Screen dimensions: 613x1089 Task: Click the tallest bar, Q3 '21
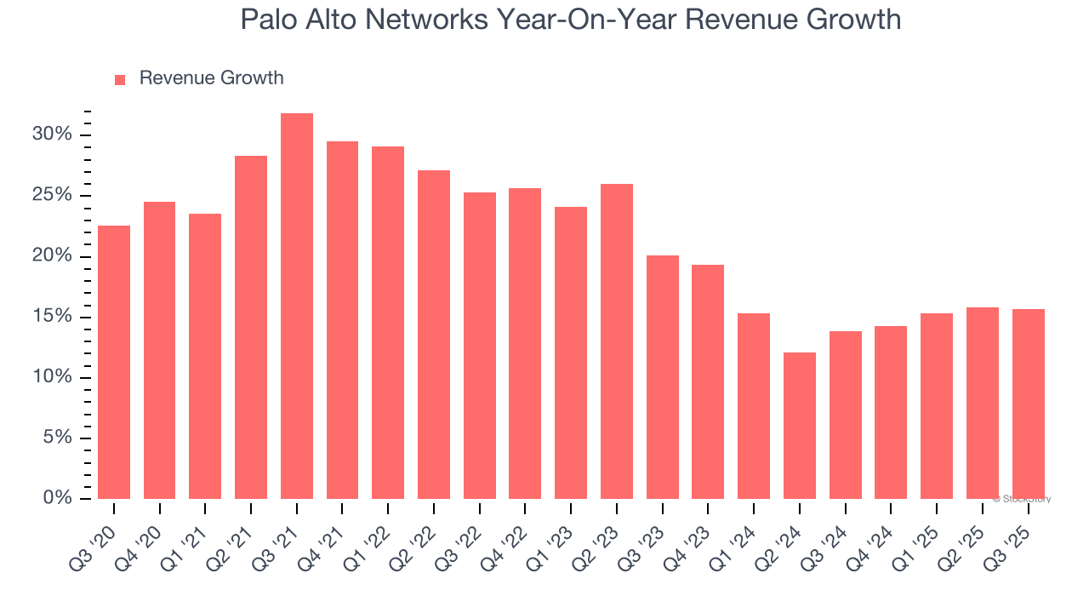pos(297,306)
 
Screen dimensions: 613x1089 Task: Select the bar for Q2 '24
pos(800,426)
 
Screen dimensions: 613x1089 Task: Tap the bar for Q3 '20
pos(114,362)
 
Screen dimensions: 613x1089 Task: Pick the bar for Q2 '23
pos(617,341)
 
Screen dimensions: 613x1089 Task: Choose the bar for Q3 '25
pos(1028,404)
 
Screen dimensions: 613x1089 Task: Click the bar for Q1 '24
pos(754,406)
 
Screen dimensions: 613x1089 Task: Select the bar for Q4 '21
pos(342,319)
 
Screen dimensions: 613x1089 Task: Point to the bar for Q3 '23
pos(663,377)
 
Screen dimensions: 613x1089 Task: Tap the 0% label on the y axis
pos(58,498)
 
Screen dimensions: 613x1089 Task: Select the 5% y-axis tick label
pos(58,438)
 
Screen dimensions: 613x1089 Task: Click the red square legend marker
pos(120,79)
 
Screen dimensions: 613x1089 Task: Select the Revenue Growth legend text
pos(211,78)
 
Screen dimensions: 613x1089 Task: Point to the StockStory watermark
pos(1022,499)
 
